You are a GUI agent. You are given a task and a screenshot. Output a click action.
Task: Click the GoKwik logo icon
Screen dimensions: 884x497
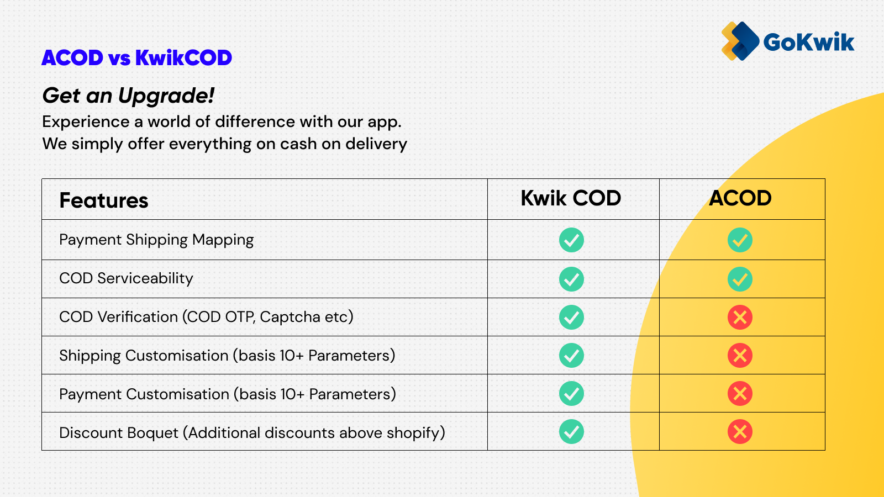point(740,41)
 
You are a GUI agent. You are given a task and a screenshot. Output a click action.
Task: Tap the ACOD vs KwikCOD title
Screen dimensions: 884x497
point(136,58)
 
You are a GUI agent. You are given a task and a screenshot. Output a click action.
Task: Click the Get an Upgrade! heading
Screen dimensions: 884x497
point(128,96)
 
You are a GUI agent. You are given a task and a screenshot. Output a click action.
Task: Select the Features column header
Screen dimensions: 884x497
point(104,200)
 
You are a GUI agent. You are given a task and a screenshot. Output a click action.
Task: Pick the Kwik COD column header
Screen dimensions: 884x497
point(571,198)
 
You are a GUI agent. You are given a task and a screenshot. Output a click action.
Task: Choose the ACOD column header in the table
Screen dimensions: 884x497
point(740,198)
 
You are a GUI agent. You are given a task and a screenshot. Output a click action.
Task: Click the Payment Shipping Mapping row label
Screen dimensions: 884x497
point(156,240)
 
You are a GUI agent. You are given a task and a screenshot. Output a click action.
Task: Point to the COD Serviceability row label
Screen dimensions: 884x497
point(126,278)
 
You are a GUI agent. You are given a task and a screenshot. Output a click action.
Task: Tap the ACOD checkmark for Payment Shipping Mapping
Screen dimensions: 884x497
point(740,240)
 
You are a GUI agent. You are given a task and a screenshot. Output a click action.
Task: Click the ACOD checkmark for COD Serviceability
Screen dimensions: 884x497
point(740,279)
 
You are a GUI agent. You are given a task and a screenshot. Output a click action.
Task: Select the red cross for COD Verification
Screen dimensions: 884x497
point(740,317)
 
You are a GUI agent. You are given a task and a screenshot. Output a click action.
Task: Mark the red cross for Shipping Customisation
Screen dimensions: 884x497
point(740,356)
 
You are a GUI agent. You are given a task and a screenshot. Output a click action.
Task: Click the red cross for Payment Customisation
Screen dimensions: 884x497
point(740,393)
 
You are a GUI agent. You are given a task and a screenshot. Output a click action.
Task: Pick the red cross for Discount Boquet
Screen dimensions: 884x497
point(740,431)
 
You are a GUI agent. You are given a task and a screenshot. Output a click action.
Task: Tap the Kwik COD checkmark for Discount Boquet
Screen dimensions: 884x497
point(571,431)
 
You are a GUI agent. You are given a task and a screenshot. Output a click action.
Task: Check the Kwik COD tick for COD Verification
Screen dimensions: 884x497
point(571,317)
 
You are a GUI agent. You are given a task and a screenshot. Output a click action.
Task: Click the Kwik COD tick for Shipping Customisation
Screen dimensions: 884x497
point(571,356)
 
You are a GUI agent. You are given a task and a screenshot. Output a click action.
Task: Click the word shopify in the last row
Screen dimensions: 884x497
point(413,433)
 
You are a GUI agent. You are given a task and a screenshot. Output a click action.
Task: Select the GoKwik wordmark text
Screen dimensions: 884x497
point(809,42)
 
